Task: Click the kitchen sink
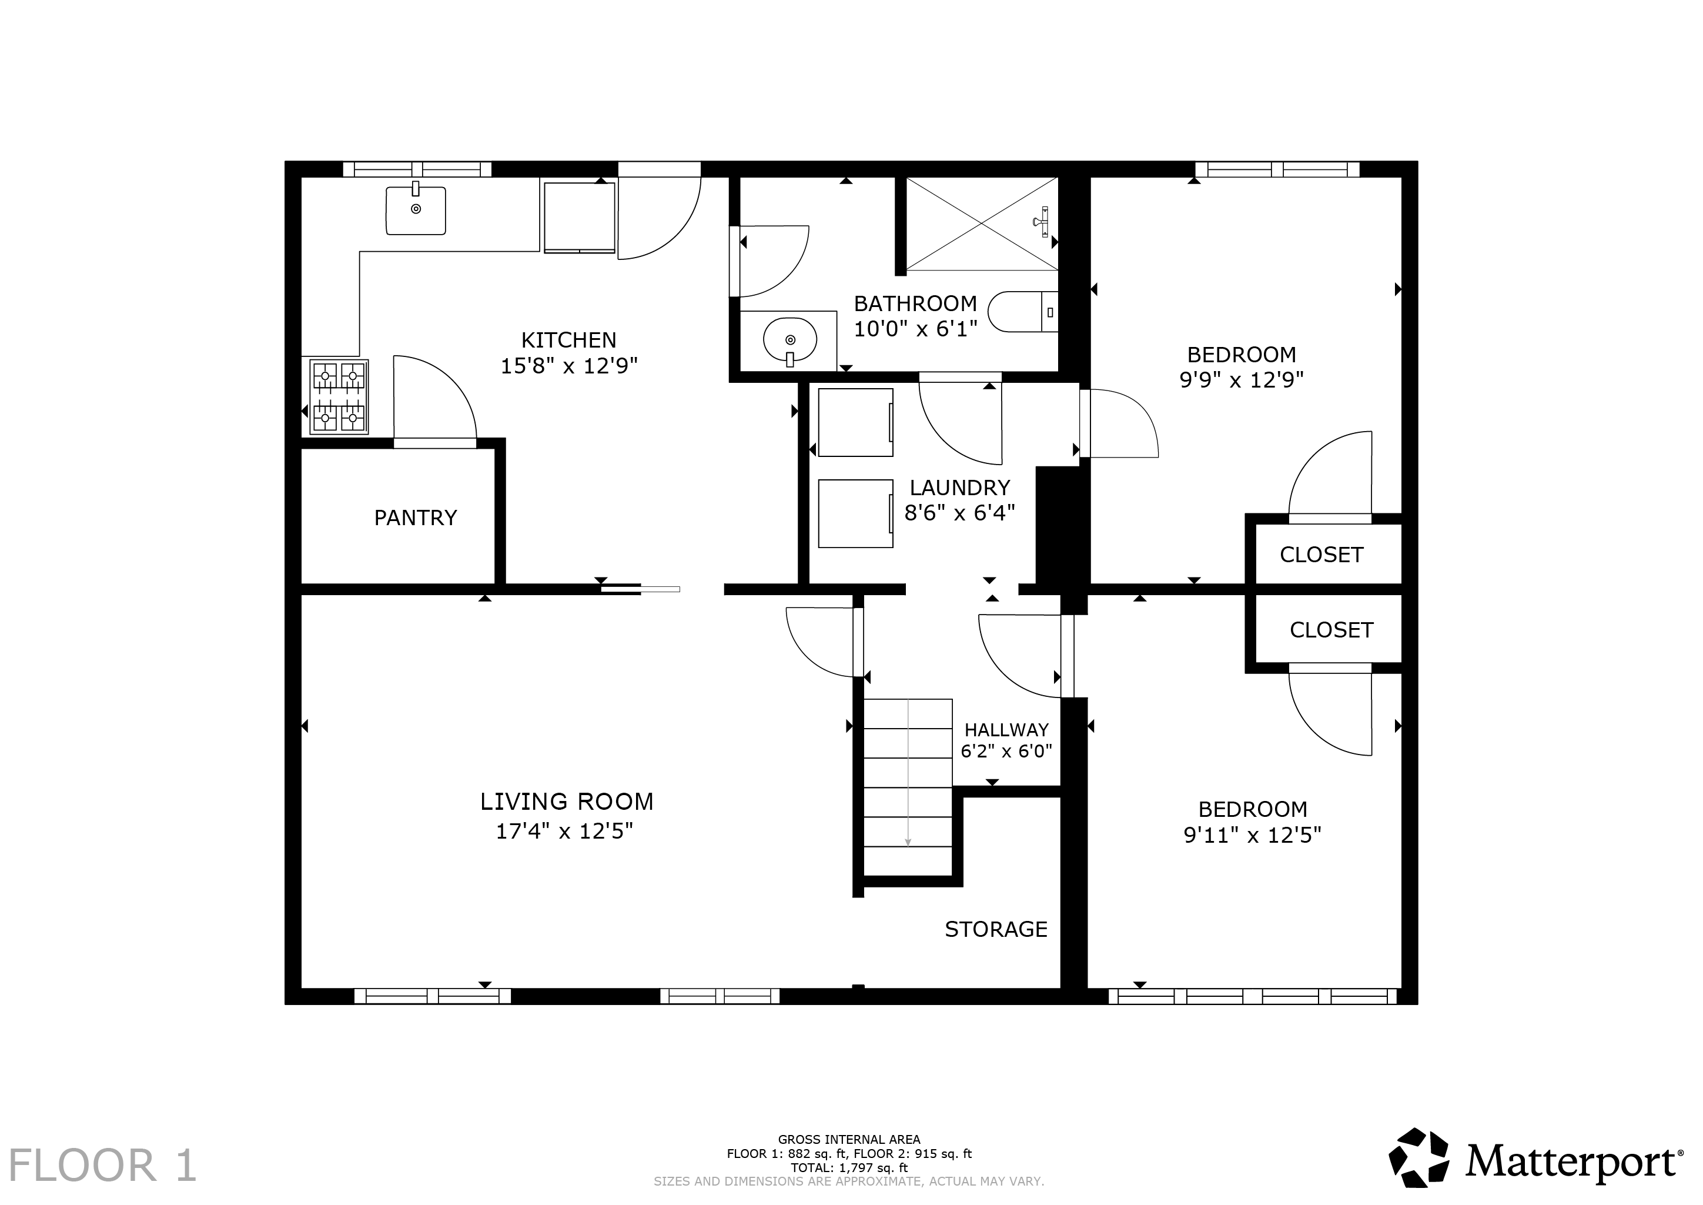pos(416,210)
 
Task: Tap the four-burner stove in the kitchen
pos(340,396)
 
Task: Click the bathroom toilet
pos(1023,312)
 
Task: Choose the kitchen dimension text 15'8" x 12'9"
pos(569,366)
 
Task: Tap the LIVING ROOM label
pos(567,802)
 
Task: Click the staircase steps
pos(908,787)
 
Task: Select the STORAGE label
pos(996,929)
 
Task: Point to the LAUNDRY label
pos(960,488)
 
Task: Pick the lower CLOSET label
pos(1331,630)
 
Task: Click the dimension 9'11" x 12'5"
pos(1253,836)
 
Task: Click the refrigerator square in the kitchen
pos(579,218)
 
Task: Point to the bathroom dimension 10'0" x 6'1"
pos(915,329)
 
